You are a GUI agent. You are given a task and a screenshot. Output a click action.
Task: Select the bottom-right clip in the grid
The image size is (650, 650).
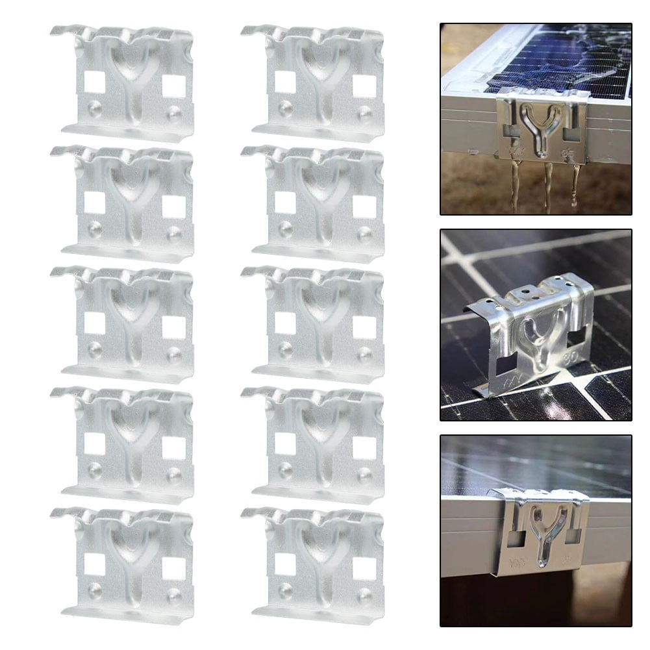[x=314, y=565]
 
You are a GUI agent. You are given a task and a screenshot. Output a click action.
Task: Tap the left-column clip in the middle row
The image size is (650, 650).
[x=123, y=324]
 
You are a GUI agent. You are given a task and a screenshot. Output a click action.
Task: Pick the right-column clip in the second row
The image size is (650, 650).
[x=314, y=204]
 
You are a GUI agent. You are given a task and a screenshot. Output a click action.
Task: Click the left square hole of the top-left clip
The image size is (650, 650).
[x=94, y=81]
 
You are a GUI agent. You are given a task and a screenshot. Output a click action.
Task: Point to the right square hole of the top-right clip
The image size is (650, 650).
[x=364, y=86]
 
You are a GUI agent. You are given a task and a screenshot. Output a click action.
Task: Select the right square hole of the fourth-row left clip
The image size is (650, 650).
[x=173, y=447]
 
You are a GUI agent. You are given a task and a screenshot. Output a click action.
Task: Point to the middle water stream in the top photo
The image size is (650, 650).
[x=547, y=185]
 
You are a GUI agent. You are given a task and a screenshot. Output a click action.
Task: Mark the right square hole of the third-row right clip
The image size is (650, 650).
[x=364, y=327]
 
